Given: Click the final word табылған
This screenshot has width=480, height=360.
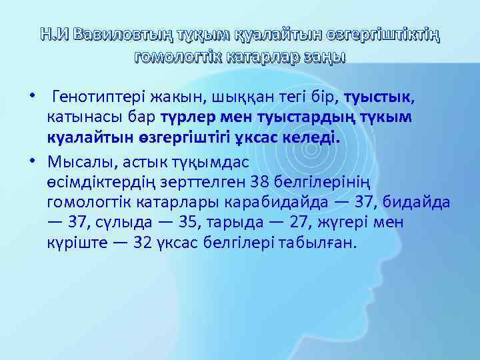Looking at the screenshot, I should tap(321, 242).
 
